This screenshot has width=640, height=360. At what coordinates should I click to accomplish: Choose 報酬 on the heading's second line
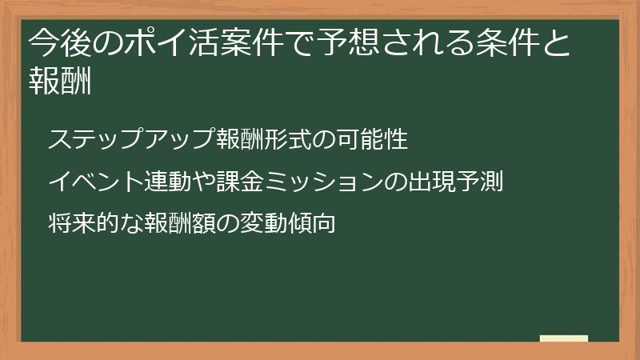58,81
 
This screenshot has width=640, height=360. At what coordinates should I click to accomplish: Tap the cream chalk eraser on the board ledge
564,338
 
